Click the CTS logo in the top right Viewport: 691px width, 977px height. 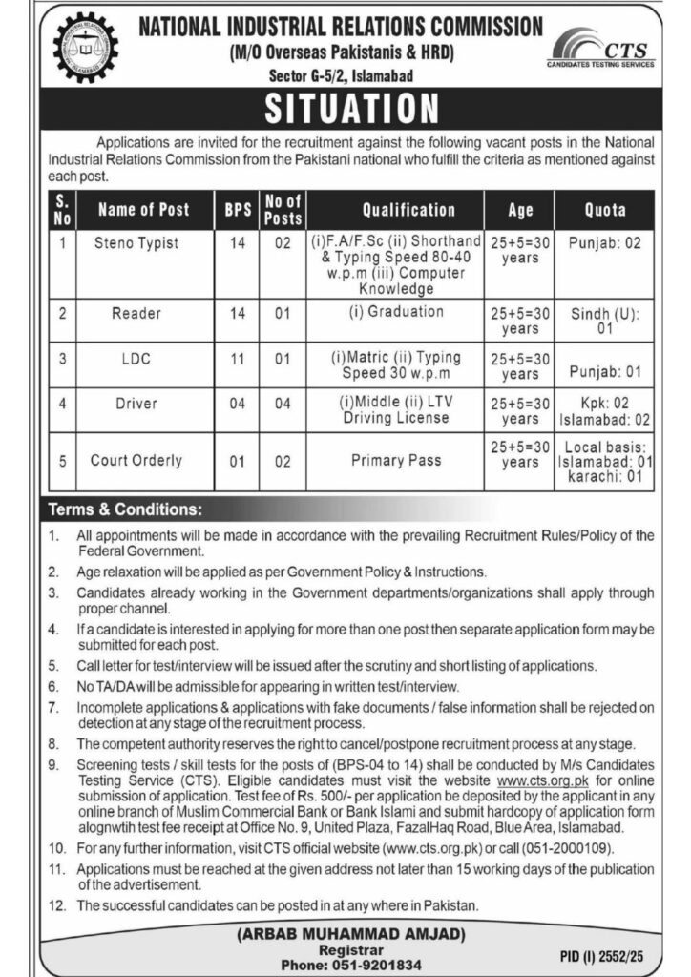[x=601, y=49]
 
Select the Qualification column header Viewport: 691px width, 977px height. [x=408, y=209]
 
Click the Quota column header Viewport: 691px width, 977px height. [x=604, y=209]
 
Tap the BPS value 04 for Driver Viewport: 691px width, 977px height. [x=233, y=404]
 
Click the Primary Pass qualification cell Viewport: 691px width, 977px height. [x=396, y=460]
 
